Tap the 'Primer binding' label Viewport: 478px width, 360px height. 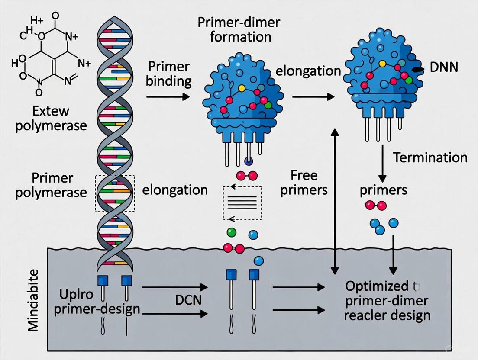click(x=169, y=74)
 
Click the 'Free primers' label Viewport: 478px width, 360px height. click(x=304, y=183)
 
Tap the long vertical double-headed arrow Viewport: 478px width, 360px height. click(x=335, y=201)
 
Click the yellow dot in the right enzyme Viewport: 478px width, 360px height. click(x=382, y=64)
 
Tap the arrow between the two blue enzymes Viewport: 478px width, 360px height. click(x=313, y=96)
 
